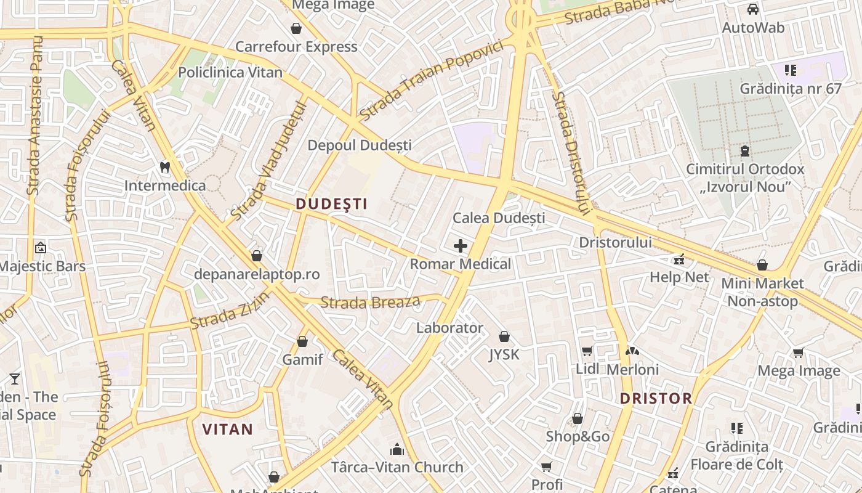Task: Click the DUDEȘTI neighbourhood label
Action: point(331,204)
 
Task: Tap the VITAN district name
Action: point(228,430)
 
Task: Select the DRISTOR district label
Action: point(656,398)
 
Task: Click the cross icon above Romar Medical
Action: point(460,246)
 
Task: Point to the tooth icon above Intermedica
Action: point(164,166)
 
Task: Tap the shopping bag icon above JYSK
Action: point(504,336)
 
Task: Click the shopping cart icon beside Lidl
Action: point(587,351)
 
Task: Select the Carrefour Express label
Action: point(296,47)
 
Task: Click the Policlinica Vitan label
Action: point(230,73)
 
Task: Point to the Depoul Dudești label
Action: point(360,145)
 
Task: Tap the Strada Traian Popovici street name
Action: point(435,81)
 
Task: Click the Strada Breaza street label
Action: point(371,302)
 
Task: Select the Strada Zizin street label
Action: point(230,311)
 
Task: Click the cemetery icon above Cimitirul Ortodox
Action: point(745,151)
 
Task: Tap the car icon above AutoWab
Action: point(752,9)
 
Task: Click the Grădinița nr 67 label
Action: point(791,89)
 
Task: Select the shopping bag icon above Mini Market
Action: point(762,265)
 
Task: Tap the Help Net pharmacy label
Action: point(680,277)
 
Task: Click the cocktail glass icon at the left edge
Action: point(15,378)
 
